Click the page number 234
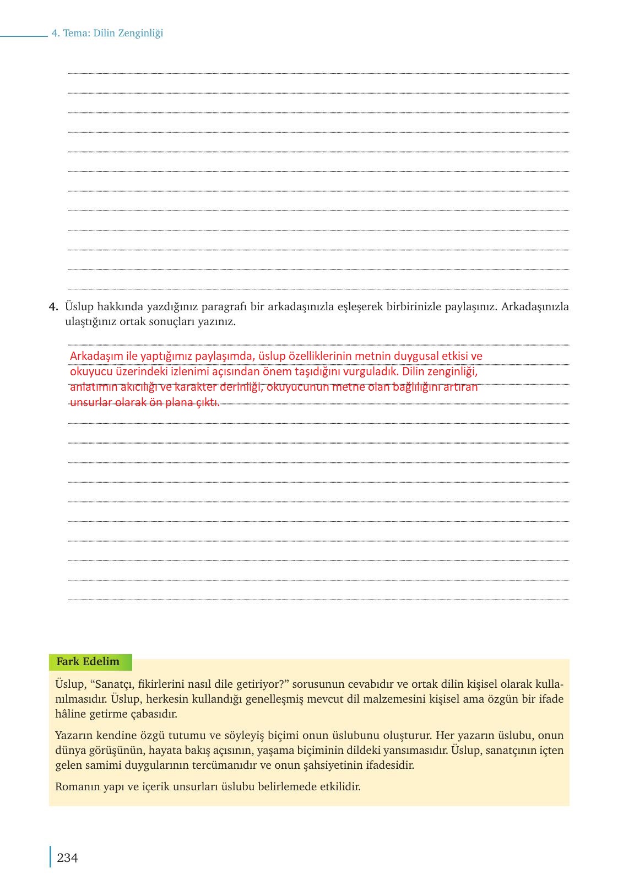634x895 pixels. [67, 858]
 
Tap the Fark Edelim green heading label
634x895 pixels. [88, 662]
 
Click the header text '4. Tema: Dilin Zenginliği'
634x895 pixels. [107, 33]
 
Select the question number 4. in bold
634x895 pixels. [53, 306]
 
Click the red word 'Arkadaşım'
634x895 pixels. [93, 356]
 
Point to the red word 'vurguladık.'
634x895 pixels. [371, 371]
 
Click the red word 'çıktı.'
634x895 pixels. [208, 402]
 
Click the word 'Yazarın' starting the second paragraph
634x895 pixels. [74, 735]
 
